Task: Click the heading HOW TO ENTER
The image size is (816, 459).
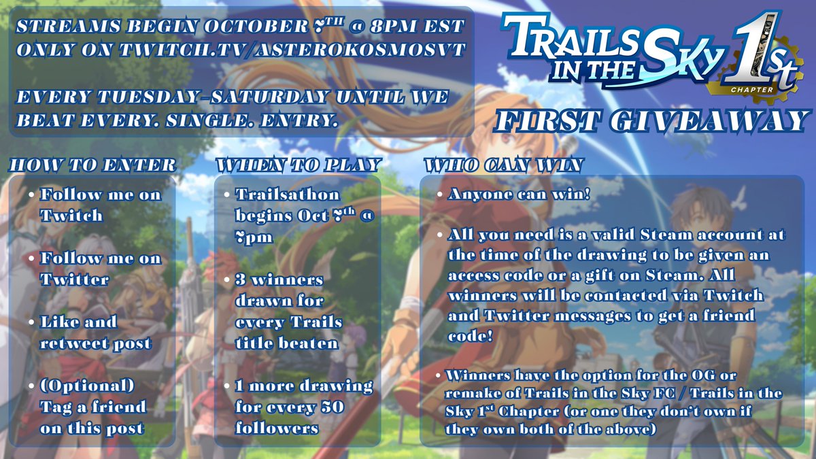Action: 92,165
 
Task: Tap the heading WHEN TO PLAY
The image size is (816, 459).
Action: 298,165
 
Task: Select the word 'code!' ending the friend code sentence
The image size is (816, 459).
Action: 469,337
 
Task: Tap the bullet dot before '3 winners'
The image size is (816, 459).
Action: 226,280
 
